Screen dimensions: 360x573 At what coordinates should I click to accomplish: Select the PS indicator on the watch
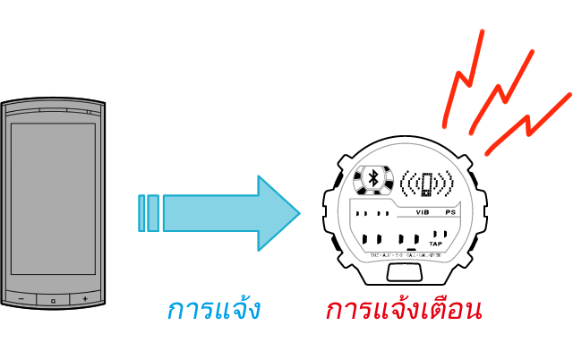tap(450, 213)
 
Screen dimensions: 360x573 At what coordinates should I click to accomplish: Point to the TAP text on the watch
tap(436, 244)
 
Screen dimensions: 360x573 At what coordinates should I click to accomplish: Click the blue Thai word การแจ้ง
tap(213, 311)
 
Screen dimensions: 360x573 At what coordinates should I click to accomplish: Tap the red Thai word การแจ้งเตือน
tap(404, 311)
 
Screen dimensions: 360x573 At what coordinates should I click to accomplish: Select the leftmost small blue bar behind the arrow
tap(142, 213)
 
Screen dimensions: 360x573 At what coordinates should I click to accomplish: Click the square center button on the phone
tap(53, 299)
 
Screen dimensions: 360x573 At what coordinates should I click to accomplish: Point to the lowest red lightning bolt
tap(528, 124)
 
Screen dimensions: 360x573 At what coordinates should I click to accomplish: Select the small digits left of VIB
tap(372, 214)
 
